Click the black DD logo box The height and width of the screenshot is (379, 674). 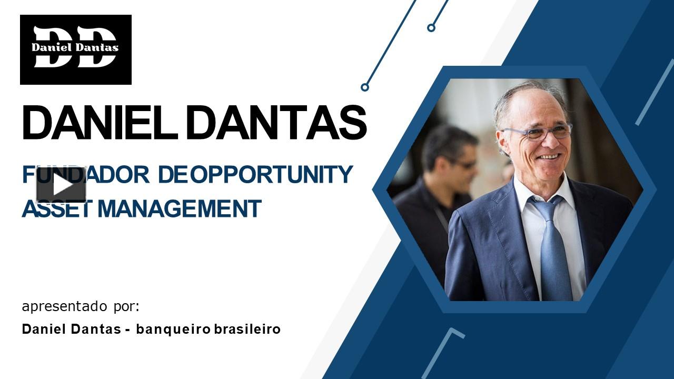[76, 49]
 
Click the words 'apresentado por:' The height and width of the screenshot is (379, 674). [81, 306]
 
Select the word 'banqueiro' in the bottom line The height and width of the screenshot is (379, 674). [173, 330]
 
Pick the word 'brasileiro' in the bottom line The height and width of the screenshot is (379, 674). [247, 330]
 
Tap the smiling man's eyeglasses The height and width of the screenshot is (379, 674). [537, 132]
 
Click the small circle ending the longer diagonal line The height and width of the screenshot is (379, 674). [364, 87]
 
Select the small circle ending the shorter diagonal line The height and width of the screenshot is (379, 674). [431, 27]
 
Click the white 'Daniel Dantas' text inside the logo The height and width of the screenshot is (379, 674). [75, 47]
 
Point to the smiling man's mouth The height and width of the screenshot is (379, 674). [549, 157]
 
